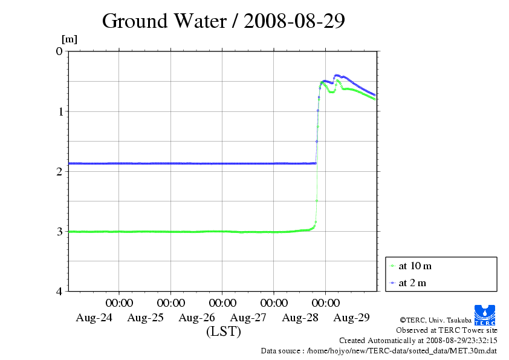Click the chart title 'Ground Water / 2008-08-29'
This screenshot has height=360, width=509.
click(x=223, y=21)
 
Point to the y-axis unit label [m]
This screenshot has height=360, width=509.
click(x=70, y=40)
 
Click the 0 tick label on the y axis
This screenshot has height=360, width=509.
click(x=59, y=51)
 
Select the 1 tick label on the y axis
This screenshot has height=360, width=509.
click(x=59, y=111)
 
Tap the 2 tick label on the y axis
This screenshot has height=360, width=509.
click(x=59, y=171)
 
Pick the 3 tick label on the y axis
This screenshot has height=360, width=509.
click(x=59, y=231)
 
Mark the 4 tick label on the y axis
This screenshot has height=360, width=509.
click(x=59, y=291)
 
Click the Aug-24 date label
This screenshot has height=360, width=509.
click(x=94, y=317)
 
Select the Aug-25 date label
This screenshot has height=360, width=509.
click(x=146, y=317)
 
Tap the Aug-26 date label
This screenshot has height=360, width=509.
click(x=197, y=317)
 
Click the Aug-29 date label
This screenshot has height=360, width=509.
click(x=352, y=317)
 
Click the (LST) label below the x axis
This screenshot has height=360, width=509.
click(x=223, y=332)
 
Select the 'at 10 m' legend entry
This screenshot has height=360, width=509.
click(x=415, y=266)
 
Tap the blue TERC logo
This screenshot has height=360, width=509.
click(x=485, y=313)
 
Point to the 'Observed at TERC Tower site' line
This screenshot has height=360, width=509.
click(x=447, y=330)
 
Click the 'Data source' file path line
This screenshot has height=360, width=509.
click(x=379, y=350)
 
